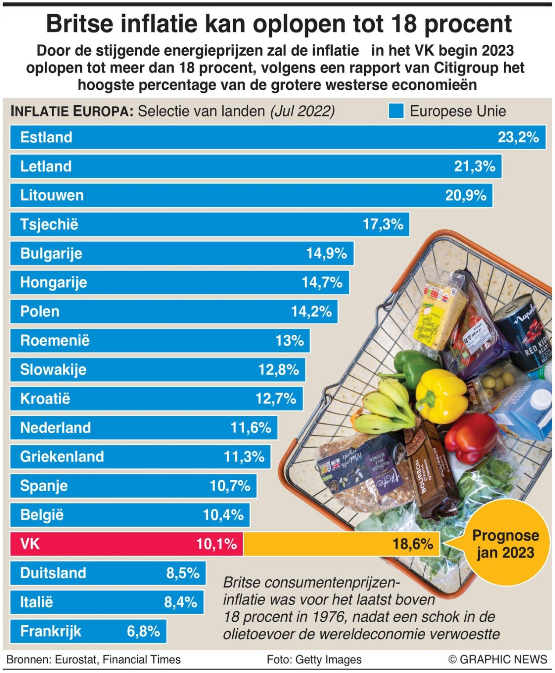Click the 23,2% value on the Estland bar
coord(518,137)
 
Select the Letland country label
coord(46,166)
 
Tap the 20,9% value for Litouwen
coord(466,195)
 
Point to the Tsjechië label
coord(49,224)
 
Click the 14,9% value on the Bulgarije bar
coord(326,253)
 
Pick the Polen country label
coord(39,312)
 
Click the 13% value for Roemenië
coord(289,340)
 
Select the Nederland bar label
coord(55,428)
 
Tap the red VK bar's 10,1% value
coord(216,544)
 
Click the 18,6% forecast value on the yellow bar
coord(413,544)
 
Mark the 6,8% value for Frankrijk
coord(143,631)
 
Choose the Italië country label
coord(36,602)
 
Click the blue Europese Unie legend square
coord(396,111)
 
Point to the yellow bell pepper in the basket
coord(440,395)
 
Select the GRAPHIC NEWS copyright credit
coord(498,659)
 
